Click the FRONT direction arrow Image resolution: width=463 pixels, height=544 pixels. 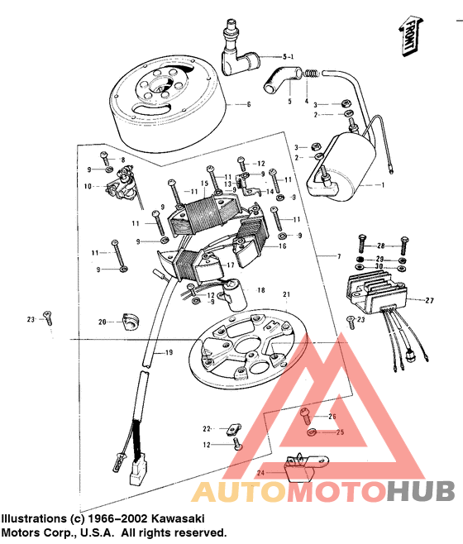click(x=408, y=37)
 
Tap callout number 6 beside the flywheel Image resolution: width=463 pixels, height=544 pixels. click(x=247, y=105)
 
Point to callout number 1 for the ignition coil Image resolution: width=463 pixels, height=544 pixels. click(x=382, y=186)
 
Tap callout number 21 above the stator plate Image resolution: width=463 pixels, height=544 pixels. click(x=287, y=295)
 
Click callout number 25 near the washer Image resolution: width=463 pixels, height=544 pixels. click(x=339, y=432)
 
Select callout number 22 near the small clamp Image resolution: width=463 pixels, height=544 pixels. click(x=208, y=428)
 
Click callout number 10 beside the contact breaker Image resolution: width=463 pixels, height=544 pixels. click(x=88, y=187)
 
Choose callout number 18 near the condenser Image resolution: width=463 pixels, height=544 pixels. click(x=260, y=290)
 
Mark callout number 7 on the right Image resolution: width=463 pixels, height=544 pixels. click(x=337, y=258)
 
